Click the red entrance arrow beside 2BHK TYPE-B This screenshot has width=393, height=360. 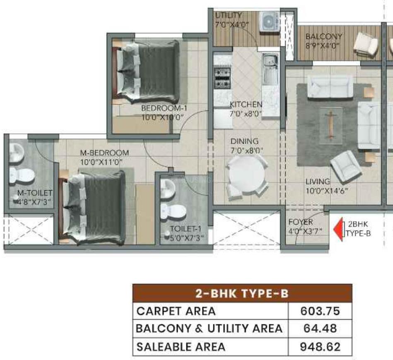pyautogui.click(x=339, y=230)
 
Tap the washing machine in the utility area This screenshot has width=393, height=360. pyautogui.click(x=269, y=22)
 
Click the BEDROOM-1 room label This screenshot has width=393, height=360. pyautogui.click(x=164, y=108)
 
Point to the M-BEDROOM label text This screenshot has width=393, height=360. pyautogui.click(x=104, y=153)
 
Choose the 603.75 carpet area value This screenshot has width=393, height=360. pyautogui.click(x=320, y=311)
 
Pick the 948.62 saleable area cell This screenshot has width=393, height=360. pyautogui.click(x=320, y=347)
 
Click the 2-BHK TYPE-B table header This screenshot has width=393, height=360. pyautogui.click(x=242, y=293)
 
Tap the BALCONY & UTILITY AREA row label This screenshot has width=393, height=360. pyautogui.click(x=209, y=329)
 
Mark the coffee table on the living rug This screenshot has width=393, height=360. pyautogui.click(x=331, y=125)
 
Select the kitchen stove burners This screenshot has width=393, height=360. pyautogui.click(x=222, y=78)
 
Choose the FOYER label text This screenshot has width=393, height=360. pyautogui.click(x=301, y=222)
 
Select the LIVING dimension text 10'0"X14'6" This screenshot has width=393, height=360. pyautogui.click(x=327, y=191)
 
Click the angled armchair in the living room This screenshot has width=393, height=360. pyautogui.click(x=346, y=168)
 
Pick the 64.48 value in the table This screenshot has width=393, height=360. pyautogui.click(x=320, y=329)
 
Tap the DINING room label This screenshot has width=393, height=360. pyautogui.click(x=244, y=141)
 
